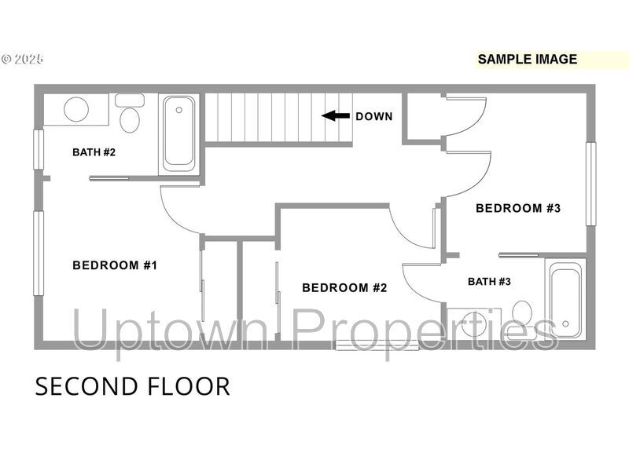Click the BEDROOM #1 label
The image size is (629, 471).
pos(115,265)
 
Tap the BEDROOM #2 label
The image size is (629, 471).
pos(344,287)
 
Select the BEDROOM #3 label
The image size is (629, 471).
pos(518,208)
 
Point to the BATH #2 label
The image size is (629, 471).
pos(94,152)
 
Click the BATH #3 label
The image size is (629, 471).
pos(489,282)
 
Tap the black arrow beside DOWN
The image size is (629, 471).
pos(336,116)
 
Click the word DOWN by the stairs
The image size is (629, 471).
pos(374,116)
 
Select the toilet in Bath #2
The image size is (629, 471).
pos(130,119)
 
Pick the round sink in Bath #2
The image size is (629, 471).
pos(76,109)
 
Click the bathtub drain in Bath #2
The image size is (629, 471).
pos(179,110)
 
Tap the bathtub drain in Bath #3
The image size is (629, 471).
pos(565,323)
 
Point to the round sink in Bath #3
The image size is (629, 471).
pos(474,324)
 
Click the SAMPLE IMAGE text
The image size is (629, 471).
pos(527,60)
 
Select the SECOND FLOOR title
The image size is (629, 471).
pos(132,386)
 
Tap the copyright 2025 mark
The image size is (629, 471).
pos(23,60)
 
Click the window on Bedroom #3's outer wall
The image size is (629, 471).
pos(590,184)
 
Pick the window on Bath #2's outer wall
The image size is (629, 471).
pos(39,149)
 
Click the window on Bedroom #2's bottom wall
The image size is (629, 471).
pos(377,345)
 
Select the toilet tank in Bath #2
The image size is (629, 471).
pos(130,100)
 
